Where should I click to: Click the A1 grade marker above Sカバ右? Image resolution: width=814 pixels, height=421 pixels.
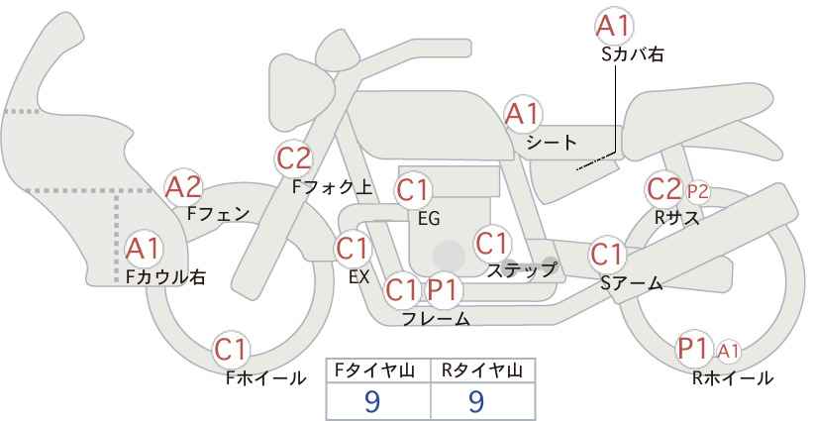click(614, 26)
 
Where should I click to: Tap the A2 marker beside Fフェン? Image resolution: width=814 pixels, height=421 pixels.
click(183, 187)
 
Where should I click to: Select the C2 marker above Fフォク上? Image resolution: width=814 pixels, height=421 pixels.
click(294, 158)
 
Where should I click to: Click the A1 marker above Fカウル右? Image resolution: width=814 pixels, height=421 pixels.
click(144, 250)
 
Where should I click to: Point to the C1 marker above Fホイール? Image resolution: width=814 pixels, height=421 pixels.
click(231, 350)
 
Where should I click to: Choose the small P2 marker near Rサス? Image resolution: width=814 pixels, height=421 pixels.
click(698, 192)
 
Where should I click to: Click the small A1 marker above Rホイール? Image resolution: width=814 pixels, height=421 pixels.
click(729, 352)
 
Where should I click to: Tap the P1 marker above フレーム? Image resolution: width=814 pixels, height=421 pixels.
click(444, 290)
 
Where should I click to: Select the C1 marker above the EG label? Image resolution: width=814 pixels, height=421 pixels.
click(413, 190)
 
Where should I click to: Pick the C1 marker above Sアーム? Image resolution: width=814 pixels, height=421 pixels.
click(607, 255)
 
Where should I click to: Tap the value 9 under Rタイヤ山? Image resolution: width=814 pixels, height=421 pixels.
click(476, 401)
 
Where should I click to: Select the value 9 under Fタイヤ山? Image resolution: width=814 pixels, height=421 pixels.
click(372, 401)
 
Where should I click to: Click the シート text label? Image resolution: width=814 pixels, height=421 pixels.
click(552, 143)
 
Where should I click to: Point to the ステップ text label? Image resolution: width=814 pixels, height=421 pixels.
click(522, 270)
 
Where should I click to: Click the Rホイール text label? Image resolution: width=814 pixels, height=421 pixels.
click(733, 378)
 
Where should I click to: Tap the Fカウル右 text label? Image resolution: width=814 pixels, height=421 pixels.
click(165, 276)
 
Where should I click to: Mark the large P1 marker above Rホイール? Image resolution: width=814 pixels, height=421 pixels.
click(694, 349)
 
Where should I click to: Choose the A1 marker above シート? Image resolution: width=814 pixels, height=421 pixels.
click(523, 114)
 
